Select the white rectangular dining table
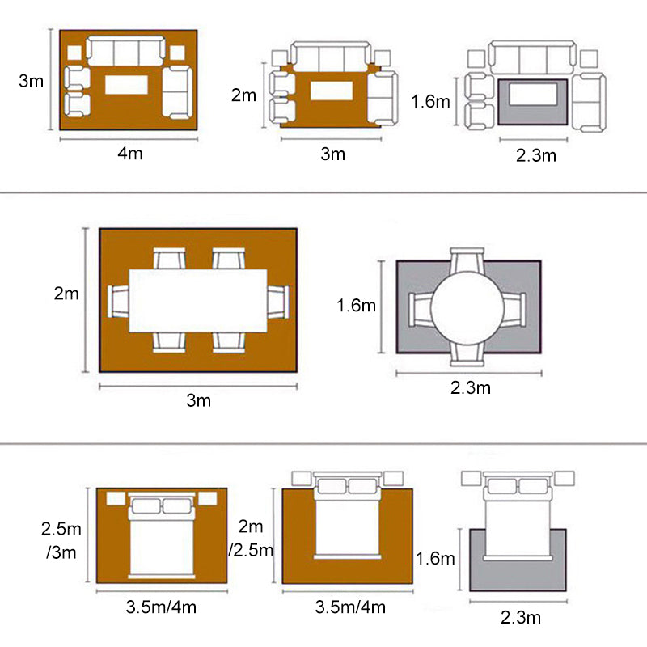[x=198, y=300]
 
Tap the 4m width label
[x=129, y=154]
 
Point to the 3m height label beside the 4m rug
[x=31, y=81]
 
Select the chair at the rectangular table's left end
[x=118, y=301]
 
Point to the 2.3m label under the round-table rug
[x=470, y=388]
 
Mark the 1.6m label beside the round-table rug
[x=357, y=306]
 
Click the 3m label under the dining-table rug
[x=198, y=400]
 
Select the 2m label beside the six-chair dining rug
[x=66, y=294]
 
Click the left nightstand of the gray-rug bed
[x=471, y=478]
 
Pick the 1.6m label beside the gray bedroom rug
[x=435, y=558]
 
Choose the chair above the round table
[x=467, y=261]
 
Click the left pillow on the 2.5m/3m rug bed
[x=146, y=506]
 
